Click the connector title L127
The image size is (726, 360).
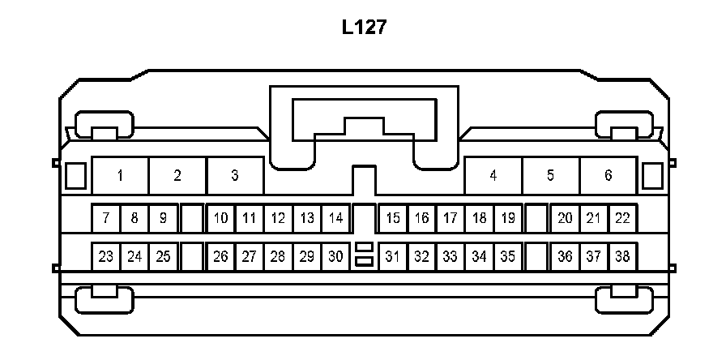tap(363, 28)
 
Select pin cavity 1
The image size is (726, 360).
tap(120, 175)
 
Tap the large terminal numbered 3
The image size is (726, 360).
tap(235, 175)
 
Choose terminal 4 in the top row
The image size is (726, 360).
tap(493, 175)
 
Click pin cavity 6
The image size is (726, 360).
tap(609, 175)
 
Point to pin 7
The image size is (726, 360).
tap(105, 218)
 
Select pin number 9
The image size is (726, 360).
tap(163, 218)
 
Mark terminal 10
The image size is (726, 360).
tap(220, 218)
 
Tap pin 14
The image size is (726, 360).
tap(335, 218)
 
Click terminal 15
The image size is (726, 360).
tap(393, 218)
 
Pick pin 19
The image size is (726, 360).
tap(508, 218)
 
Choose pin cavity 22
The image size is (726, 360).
tap(622, 218)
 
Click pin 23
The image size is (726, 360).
tap(105, 257)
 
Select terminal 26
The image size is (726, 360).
tap(220, 257)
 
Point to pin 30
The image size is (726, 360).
tap(335, 257)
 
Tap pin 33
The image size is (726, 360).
tap(451, 257)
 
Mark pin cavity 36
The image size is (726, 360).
tap(565, 257)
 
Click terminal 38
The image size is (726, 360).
tap(622, 257)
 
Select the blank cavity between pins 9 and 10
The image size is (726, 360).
tap(191, 218)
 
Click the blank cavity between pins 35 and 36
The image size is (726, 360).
tap(536, 257)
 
